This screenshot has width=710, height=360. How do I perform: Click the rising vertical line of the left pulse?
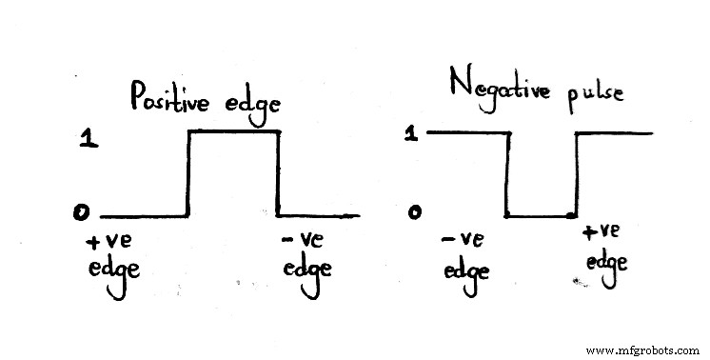point(189,174)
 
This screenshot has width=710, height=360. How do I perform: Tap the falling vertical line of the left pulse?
point(278,174)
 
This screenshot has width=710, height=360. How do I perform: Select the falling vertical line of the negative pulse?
point(508,176)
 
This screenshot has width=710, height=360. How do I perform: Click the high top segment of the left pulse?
point(233,132)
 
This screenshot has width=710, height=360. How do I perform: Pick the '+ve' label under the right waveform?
point(602,230)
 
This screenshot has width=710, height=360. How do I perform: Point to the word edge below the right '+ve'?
point(604,261)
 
